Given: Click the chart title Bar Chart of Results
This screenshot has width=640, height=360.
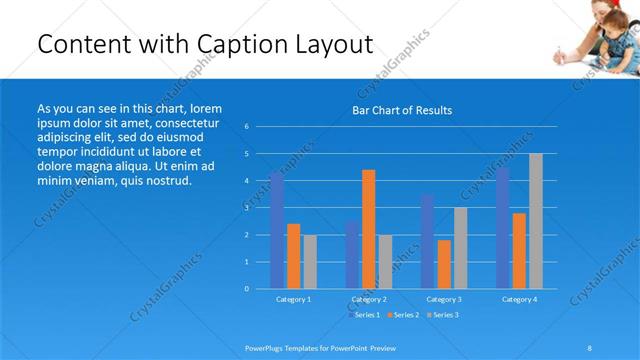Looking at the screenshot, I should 402,110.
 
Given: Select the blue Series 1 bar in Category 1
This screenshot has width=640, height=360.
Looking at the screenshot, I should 277,230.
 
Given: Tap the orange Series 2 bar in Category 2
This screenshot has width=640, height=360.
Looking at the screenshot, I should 368,229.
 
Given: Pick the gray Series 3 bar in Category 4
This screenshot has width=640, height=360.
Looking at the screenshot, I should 536,221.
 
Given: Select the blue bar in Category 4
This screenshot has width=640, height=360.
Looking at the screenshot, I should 502,228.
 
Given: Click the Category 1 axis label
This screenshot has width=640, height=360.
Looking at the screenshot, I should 293,299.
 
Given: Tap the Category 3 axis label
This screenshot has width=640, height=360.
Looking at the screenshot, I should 444,299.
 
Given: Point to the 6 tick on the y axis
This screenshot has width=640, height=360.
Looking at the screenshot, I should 246,127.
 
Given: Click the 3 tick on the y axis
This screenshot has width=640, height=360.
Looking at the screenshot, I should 246,208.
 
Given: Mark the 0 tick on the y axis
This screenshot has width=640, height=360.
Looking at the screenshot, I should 246,289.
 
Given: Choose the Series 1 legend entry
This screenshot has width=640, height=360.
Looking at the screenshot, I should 365,315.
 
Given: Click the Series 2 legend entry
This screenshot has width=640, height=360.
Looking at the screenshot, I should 404,315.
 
